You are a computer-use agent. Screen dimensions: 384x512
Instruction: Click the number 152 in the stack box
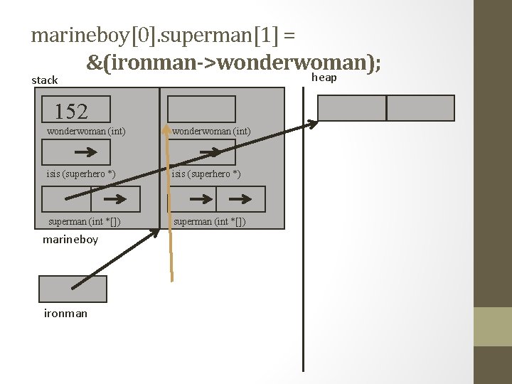71,111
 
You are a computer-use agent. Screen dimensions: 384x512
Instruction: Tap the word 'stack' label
45,80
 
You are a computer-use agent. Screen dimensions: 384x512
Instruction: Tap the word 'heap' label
324,77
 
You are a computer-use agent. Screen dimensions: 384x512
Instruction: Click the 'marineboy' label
70,240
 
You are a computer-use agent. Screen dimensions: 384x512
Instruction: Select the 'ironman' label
65,313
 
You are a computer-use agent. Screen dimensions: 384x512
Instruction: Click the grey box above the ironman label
73,289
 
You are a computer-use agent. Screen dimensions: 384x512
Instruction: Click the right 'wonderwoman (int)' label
210,131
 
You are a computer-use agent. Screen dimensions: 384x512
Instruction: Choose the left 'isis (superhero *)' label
81,174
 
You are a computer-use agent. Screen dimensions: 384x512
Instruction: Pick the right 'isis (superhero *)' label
206,174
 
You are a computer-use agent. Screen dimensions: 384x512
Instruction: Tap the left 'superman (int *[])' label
84,221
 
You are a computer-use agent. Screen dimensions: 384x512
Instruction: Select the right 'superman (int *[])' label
209,221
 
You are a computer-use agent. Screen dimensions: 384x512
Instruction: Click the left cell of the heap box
351,108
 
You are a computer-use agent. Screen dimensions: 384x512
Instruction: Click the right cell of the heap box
420,108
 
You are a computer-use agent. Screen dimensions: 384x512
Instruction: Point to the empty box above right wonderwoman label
201,109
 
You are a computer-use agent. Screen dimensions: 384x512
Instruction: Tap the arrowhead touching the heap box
312,124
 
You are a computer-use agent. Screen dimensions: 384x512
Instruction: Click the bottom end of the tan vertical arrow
171,279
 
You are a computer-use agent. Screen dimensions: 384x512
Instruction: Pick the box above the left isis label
77,152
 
